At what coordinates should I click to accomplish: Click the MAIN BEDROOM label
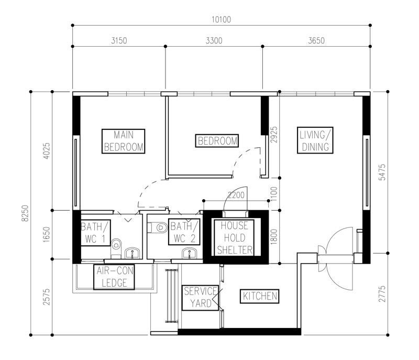pos(124,141)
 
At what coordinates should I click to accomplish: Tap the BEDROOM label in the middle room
pos(217,141)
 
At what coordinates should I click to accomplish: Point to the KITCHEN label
pos(260,296)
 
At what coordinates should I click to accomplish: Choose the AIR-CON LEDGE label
pos(113,277)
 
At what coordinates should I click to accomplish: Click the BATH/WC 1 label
pos(95,233)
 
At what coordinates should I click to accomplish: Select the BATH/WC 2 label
pos(184,233)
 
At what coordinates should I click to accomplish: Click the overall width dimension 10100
pos(221,20)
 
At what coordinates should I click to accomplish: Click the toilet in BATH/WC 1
pos(117,244)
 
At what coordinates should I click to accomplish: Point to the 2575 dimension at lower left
pos(45,297)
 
